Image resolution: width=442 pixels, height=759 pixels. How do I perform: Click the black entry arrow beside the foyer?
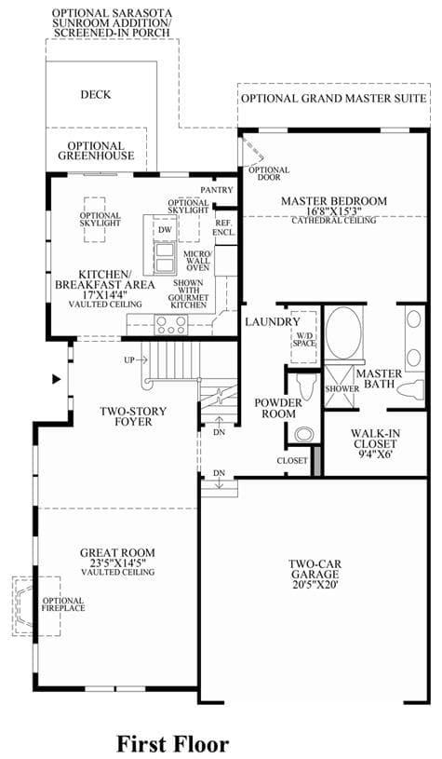pyautogui.click(x=57, y=380)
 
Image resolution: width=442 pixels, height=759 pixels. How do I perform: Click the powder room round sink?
pyautogui.click(x=304, y=434)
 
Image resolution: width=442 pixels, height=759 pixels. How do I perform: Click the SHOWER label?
pyautogui.click(x=342, y=388)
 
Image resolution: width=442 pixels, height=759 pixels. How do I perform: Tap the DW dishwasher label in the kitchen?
pyautogui.click(x=165, y=230)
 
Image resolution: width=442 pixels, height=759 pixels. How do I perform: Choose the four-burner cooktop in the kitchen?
pyautogui.click(x=170, y=324)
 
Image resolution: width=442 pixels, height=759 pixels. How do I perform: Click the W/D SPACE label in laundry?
pyautogui.click(x=303, y=339)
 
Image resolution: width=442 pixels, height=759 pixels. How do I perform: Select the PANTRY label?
pyautogui.click(x=217, y=190)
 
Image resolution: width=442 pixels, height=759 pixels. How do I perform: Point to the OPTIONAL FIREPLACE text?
pyautogui.click(x=63, y=604)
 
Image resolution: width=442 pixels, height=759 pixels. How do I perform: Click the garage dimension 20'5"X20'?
pyautogui.click(x=315, y=584)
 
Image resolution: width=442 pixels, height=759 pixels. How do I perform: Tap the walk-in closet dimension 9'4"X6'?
pyautogui.click(x=375, y=454)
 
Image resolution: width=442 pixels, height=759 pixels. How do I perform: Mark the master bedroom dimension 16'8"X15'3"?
pyautogui.click(x=334, y=211)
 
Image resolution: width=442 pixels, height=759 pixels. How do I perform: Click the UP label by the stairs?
pyautogui.click(x=128, y=360)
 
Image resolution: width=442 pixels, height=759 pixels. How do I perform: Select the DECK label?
pyautogui.click(x=96, y=94)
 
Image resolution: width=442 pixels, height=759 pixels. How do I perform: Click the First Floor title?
pyautogui.click(x=173, y=743)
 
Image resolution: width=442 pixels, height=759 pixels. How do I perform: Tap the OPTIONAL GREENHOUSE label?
pyautogui.click(x=96, y=151)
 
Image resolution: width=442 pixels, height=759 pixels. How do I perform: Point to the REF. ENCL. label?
pyautogui.click(x=224, y=227)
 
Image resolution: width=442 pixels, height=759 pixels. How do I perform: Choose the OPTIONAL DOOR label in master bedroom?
pyautogui.click(x=269, y=173)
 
